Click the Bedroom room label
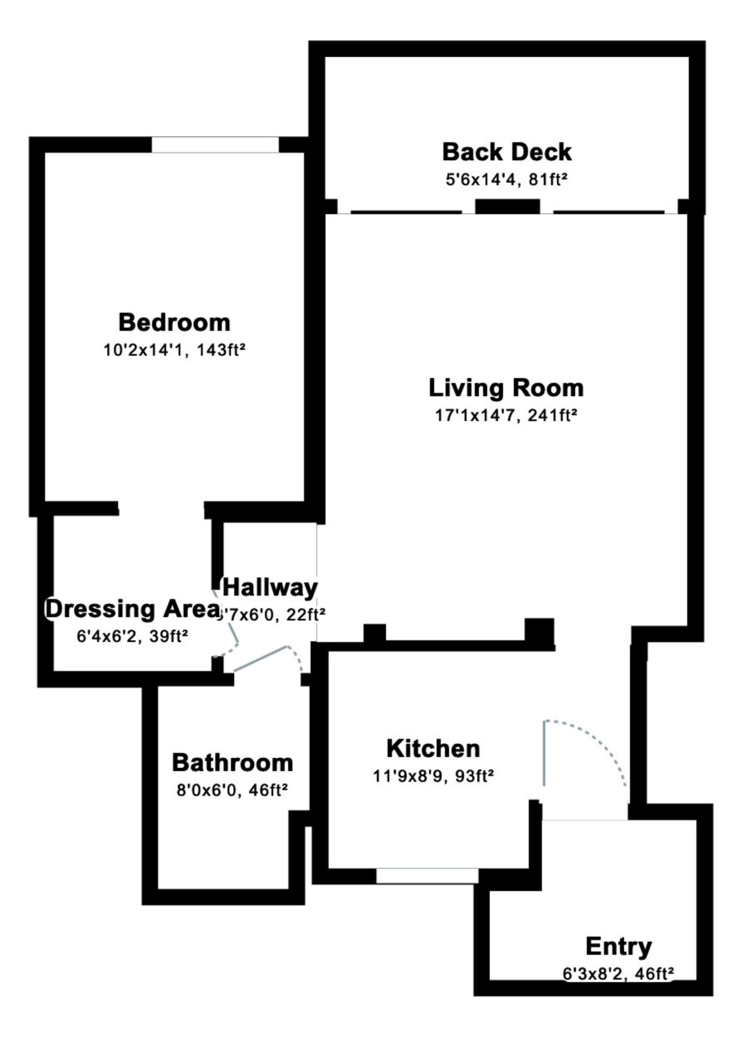tap(174, 322)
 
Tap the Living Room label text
tap(506, 388)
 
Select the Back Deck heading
tap(507, 152)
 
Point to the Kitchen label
tap(433, 748)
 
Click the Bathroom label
tap(232, 762)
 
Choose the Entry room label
tap(619, 946)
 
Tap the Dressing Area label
tap(133, 609)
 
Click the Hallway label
tap(270, 587)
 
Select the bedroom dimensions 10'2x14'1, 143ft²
tap(174, 350)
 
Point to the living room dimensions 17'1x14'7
tap(475, 415)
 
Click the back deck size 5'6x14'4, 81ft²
tap(506, 180)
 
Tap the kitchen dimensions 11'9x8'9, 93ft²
tap(433, 776)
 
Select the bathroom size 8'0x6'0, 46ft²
tap(232, 790)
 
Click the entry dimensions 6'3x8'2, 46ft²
tap(619, 974)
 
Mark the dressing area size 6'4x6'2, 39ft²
tap(132, 636)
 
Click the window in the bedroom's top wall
tap(215, 145)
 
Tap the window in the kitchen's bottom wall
tap(427, 876)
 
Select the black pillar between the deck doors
tap(508, 206)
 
